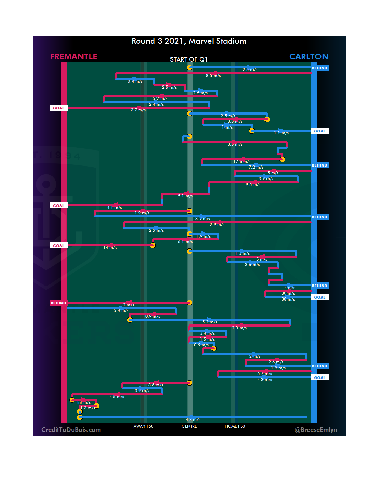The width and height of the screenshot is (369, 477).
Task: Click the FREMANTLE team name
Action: [73, 57]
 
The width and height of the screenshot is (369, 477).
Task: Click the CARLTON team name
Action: [309, 57]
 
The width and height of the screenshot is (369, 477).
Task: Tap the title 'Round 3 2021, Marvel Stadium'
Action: [189, 41]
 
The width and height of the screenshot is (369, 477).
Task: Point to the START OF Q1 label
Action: [189, 59]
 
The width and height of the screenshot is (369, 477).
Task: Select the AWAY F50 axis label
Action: [143, 426]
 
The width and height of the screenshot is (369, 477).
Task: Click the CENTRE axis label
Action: [189, 426]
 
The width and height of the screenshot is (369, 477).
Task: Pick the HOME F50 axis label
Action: [235, 426]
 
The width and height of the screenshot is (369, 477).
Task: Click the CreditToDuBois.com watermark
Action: [71, 430]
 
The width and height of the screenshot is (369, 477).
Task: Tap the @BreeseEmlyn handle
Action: [316, 430]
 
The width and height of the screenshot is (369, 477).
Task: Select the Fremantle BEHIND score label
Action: [58, 303]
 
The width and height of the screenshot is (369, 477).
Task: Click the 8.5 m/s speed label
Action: [213, 76]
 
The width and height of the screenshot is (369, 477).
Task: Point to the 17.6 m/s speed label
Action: [242, 162]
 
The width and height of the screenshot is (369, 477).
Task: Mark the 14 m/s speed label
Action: [110, 248]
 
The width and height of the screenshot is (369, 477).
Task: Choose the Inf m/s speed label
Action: [84, 402]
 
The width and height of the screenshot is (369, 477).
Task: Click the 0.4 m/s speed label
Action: [135, 81]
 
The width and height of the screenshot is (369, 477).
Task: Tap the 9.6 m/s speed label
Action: [253, 185]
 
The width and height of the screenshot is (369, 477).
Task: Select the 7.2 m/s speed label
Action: [256, 167]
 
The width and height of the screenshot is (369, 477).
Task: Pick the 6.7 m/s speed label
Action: [264, 374]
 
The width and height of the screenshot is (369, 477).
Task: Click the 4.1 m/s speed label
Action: [114, 208]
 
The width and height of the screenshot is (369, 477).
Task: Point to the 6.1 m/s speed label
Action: [185, 242]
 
